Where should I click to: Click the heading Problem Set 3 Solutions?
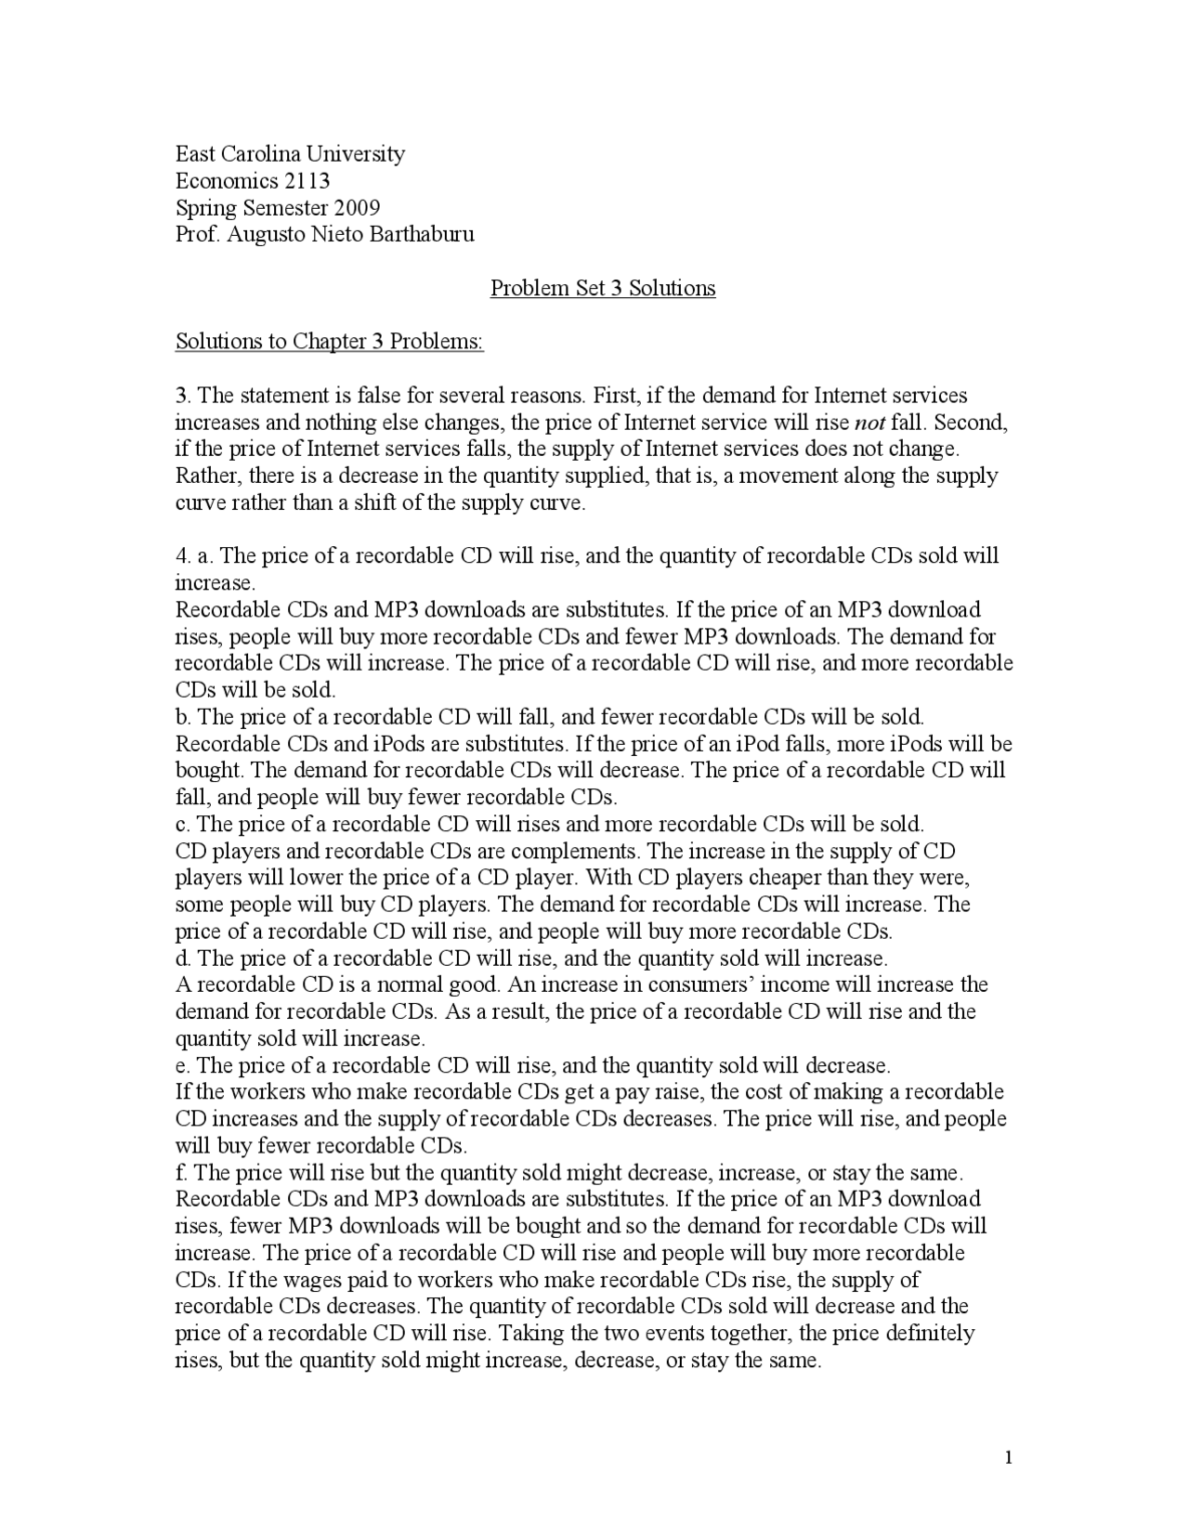603,288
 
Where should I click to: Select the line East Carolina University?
290,153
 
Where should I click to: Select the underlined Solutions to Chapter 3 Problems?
330,342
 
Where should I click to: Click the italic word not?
869,424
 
